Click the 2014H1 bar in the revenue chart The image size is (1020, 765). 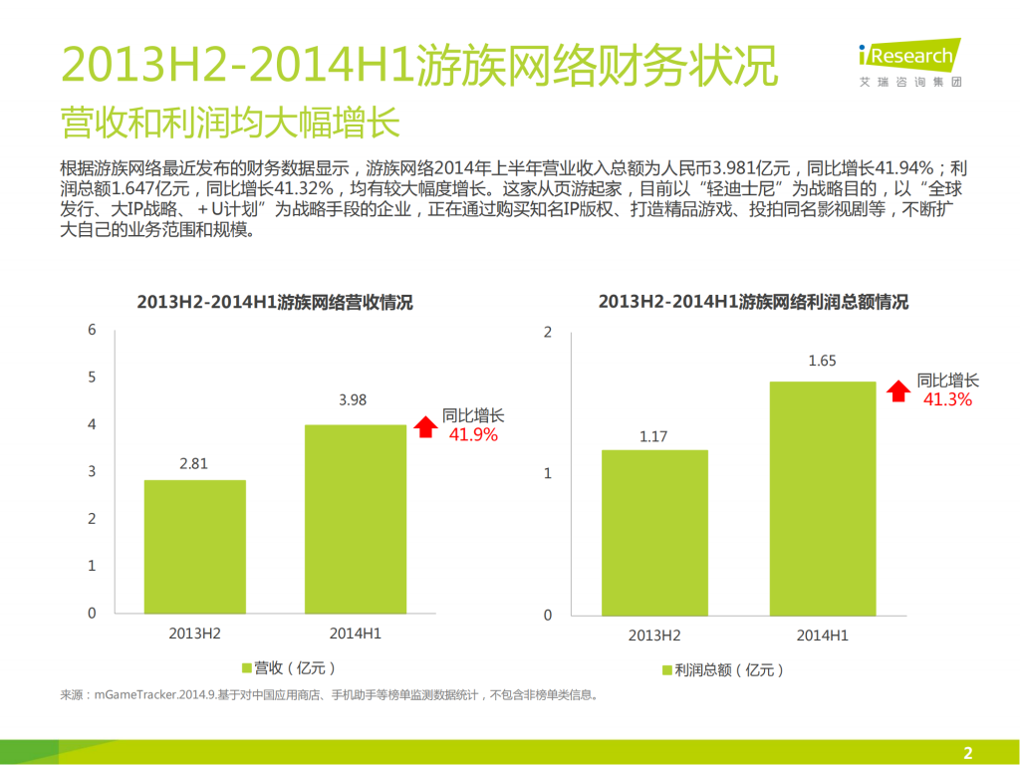[x=355, y=518]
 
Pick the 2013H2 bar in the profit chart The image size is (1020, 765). [x=653, y=532]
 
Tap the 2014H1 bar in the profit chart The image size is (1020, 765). [x=822, y=498]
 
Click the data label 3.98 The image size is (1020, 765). [x=353, y=400]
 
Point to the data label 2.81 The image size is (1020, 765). [x=194, y=464]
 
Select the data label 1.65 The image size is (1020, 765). [x=822, y=361]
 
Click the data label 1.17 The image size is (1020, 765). [x=653, y=435]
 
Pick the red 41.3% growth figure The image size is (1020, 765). [x=947, y=399]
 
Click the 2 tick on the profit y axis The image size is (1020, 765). [x=547, y=332]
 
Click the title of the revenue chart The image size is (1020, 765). [x=274, y=303]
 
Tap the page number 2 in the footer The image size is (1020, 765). [x=966, y=752]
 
